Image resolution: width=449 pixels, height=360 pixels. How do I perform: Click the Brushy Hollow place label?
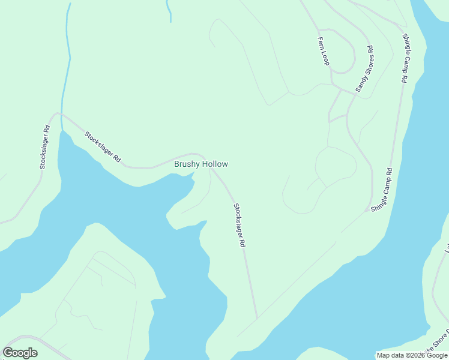tap(200, 164)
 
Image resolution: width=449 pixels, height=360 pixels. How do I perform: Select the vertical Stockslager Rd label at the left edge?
tap(44, 146)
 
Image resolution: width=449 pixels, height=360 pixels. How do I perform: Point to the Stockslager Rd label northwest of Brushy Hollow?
tap(103, 147)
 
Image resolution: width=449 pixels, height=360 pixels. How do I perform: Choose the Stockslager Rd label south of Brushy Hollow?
tap(240, 226)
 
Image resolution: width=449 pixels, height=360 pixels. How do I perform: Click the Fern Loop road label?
tap(324, 51)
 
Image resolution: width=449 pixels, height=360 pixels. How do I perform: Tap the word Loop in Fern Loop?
tap(326, 58)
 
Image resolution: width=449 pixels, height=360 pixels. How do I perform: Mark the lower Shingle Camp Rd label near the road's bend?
tap(382, 190)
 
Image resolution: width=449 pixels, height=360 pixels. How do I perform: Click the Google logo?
tap(20, 353)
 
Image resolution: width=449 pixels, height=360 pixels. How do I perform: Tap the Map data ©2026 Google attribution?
tap(412, 355)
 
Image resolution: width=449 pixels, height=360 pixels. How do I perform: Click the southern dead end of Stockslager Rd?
tap(257, 318)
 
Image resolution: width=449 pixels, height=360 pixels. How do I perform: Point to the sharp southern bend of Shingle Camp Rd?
tap(367, 210)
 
